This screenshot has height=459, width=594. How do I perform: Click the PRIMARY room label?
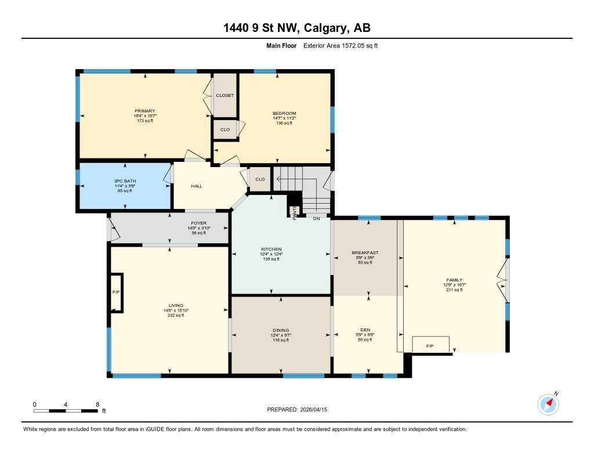(144, 111)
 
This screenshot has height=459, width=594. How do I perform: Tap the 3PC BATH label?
(125, 181)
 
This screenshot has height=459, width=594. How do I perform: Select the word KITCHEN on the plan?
(271, 249)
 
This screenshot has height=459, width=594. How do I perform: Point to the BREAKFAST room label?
(365, 252)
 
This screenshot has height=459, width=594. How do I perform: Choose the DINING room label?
(281, 330)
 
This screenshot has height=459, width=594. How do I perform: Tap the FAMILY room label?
(453, 280)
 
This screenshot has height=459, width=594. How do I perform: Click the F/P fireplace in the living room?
(116, 292)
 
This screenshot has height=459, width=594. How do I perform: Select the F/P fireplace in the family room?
(430, 346)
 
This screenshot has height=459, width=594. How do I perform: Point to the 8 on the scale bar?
(97, 404)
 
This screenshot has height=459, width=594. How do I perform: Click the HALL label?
(197, 186)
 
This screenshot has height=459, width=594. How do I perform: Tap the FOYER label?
(198, 223)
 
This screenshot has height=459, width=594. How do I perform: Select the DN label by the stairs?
(316, 218)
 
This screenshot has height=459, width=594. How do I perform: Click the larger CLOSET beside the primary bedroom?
(224, 95)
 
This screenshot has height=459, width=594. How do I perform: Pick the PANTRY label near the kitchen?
(295, 213)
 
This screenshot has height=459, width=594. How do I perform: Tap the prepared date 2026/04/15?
(317, 409)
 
